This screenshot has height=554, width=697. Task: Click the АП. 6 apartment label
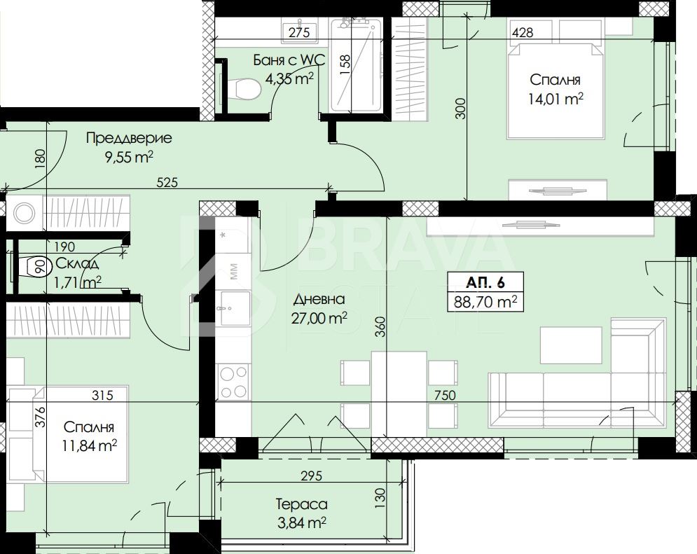pos(485,282)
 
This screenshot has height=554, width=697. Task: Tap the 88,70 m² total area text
pos(485,302)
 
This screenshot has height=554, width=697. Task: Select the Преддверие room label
pos(129,138)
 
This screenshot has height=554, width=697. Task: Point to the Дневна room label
pos(319,299)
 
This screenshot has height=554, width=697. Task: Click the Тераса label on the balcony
pos(302,504)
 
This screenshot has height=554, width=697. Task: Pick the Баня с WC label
pos(289,60)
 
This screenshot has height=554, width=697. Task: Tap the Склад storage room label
pos(77,263)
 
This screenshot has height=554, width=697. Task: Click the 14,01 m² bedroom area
pos(555,99)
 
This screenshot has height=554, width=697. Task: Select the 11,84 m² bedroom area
pos(90,445)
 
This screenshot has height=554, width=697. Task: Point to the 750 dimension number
pos(445,395)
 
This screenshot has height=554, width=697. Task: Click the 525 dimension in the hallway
pos(167,182)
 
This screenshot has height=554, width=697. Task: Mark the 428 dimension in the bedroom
pos(523,32)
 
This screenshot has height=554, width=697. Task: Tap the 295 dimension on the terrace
pos(311,476)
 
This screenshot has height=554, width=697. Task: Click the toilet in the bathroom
pos(242,88)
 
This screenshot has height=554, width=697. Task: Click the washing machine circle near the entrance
pos(25,213)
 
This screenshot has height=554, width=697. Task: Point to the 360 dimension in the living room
pos(381,326)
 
